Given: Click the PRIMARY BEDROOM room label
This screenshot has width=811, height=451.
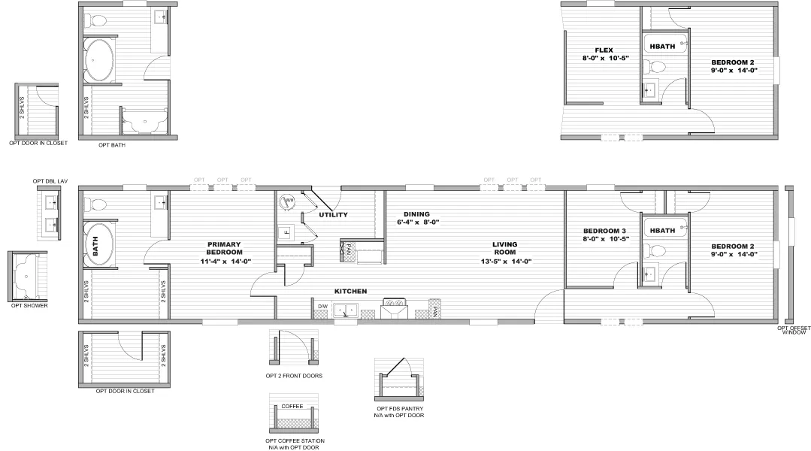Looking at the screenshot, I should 225,253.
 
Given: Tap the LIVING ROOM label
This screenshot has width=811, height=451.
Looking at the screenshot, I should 504,253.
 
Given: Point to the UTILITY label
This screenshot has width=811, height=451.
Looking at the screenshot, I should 333,215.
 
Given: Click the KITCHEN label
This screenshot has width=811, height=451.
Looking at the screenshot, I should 350,291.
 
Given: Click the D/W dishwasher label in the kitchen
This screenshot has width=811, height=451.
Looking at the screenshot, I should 322,307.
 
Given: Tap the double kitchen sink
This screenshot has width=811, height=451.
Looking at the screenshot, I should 346,309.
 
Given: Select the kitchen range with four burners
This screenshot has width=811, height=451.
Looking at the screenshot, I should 395,308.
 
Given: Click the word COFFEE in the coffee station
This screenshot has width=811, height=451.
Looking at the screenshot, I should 292,406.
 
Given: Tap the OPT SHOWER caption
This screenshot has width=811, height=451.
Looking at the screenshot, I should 27,306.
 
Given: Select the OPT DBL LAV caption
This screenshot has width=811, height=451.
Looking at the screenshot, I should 50,181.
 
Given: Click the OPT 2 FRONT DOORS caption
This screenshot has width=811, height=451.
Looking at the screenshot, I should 295,375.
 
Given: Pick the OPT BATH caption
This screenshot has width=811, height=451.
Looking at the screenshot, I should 112,145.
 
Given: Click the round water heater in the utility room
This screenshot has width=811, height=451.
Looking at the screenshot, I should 288,201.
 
